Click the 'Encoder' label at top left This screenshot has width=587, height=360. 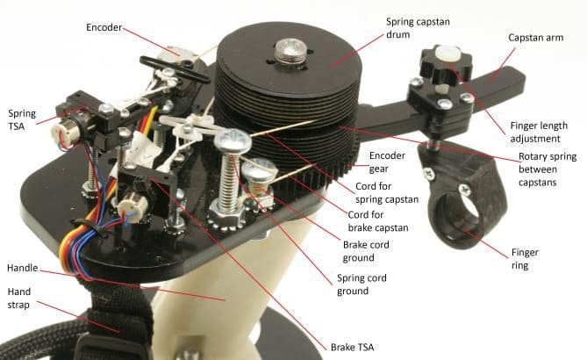[104, 27]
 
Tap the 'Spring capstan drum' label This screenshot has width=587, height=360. [418, 28]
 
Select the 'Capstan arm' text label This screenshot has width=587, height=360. [536, 38]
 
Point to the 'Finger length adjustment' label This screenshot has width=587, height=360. [539, 132]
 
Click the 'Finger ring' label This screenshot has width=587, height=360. [525, 259]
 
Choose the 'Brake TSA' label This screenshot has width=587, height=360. [352, 347]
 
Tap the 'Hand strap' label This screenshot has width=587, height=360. [19, 298]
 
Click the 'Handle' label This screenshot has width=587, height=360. [23, 268]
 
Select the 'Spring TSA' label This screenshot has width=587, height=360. [22, 120]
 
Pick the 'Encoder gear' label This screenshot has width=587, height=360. [387, 162]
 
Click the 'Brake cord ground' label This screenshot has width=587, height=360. [366, 251]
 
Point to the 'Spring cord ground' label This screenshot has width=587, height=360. [362, 284]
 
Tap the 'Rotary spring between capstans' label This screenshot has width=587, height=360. [548, 169]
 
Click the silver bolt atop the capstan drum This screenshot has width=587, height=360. [291, 51]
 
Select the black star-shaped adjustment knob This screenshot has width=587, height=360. [447, 64]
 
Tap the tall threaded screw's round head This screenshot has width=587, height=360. [233, 140]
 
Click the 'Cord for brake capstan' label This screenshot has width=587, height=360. [377, 221]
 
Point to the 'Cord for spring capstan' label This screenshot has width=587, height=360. [387, 192]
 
